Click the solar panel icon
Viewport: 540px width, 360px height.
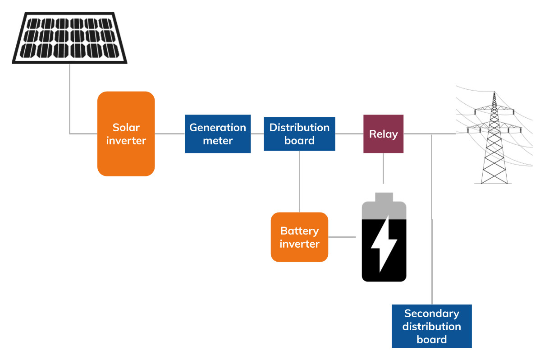coord(69,38)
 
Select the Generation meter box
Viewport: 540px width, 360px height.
coord(218,134)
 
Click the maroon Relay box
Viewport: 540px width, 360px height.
coord(384,134)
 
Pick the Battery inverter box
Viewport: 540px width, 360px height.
coord(299,237)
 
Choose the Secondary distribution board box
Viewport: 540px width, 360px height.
coord(431,326)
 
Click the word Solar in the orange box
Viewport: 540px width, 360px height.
coord(126,127)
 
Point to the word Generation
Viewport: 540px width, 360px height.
coord(218,127)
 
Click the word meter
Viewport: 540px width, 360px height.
coord(218,141)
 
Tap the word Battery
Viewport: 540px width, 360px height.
coord(299,231)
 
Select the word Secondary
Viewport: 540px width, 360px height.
coord(431,313)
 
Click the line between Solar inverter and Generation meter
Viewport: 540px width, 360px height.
coord(170,134)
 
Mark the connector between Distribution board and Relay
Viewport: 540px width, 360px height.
coord(349,134)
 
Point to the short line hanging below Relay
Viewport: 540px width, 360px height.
coord(384,169)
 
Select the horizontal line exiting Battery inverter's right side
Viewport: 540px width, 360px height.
coord(342,237)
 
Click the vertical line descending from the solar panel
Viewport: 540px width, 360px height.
coord(69,99)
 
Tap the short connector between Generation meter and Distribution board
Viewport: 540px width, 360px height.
coord(257,134)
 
